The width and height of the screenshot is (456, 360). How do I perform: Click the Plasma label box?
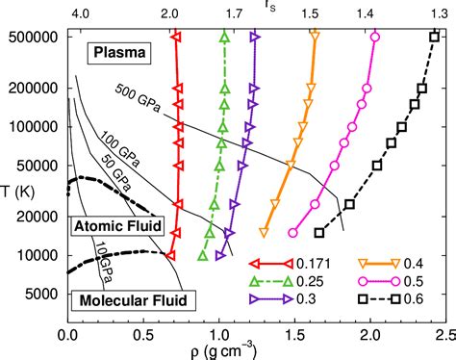point(120,54)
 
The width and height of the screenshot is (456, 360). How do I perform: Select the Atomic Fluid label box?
point(117,225)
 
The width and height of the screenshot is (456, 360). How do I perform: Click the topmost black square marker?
point(434,37)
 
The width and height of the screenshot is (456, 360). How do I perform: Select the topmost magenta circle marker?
point(374,37)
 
